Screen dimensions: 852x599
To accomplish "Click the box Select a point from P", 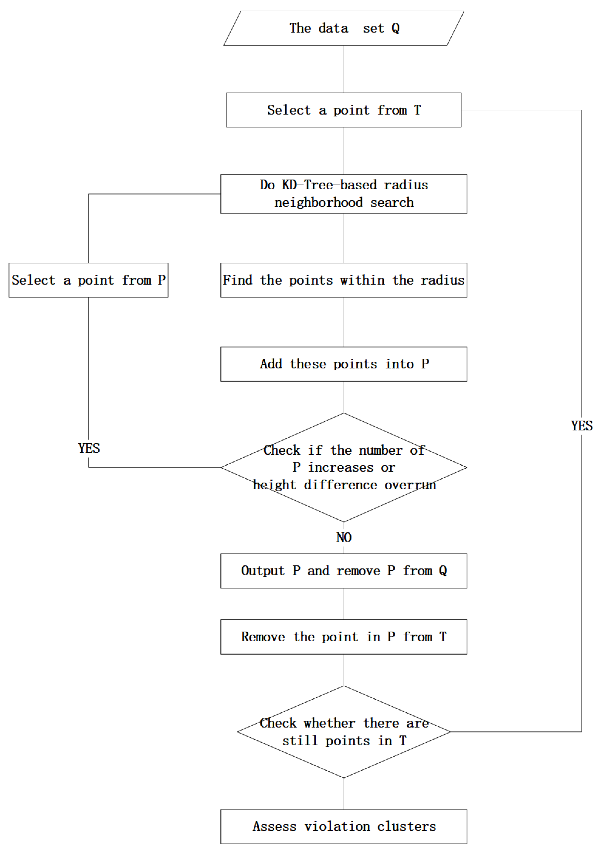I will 88,280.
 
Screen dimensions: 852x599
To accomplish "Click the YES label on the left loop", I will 89,448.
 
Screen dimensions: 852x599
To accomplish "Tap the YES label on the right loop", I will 581,426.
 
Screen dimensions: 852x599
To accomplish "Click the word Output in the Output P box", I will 263,571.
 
